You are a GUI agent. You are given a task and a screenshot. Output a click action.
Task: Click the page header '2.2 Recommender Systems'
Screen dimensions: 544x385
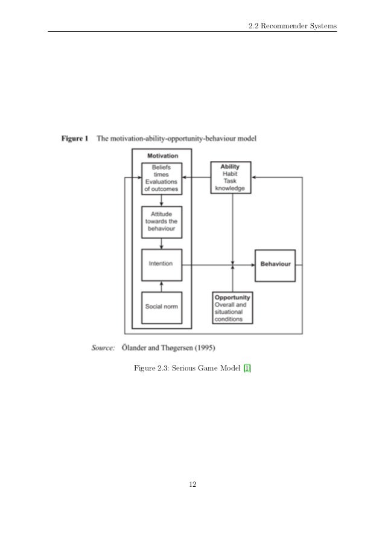[x=292, y=25]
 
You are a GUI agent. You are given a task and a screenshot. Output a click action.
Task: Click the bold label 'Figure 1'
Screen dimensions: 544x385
[x=75, y=139]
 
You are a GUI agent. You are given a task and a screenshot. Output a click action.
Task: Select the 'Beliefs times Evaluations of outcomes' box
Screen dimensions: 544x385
[x=161, y=178]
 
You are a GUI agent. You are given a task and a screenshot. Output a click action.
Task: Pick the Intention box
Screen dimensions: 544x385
[x=161, y=264]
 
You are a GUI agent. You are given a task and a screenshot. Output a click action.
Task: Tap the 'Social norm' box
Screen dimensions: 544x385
[x=161, y=306]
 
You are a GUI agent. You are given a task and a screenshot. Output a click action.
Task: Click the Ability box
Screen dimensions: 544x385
[x=230, y=177]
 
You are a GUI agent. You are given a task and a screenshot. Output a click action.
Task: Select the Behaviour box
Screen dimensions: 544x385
[x=275, y=264]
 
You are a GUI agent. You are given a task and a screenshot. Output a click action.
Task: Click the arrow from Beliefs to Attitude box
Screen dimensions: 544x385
[x=161, y=200]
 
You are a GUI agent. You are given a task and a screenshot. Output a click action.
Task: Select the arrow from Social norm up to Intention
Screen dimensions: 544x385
[x=161, y=286]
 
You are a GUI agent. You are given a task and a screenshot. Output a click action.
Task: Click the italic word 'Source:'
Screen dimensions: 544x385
[x=103, y=348]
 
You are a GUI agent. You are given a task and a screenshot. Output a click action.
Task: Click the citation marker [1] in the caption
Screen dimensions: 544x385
[x=246, y=368]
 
